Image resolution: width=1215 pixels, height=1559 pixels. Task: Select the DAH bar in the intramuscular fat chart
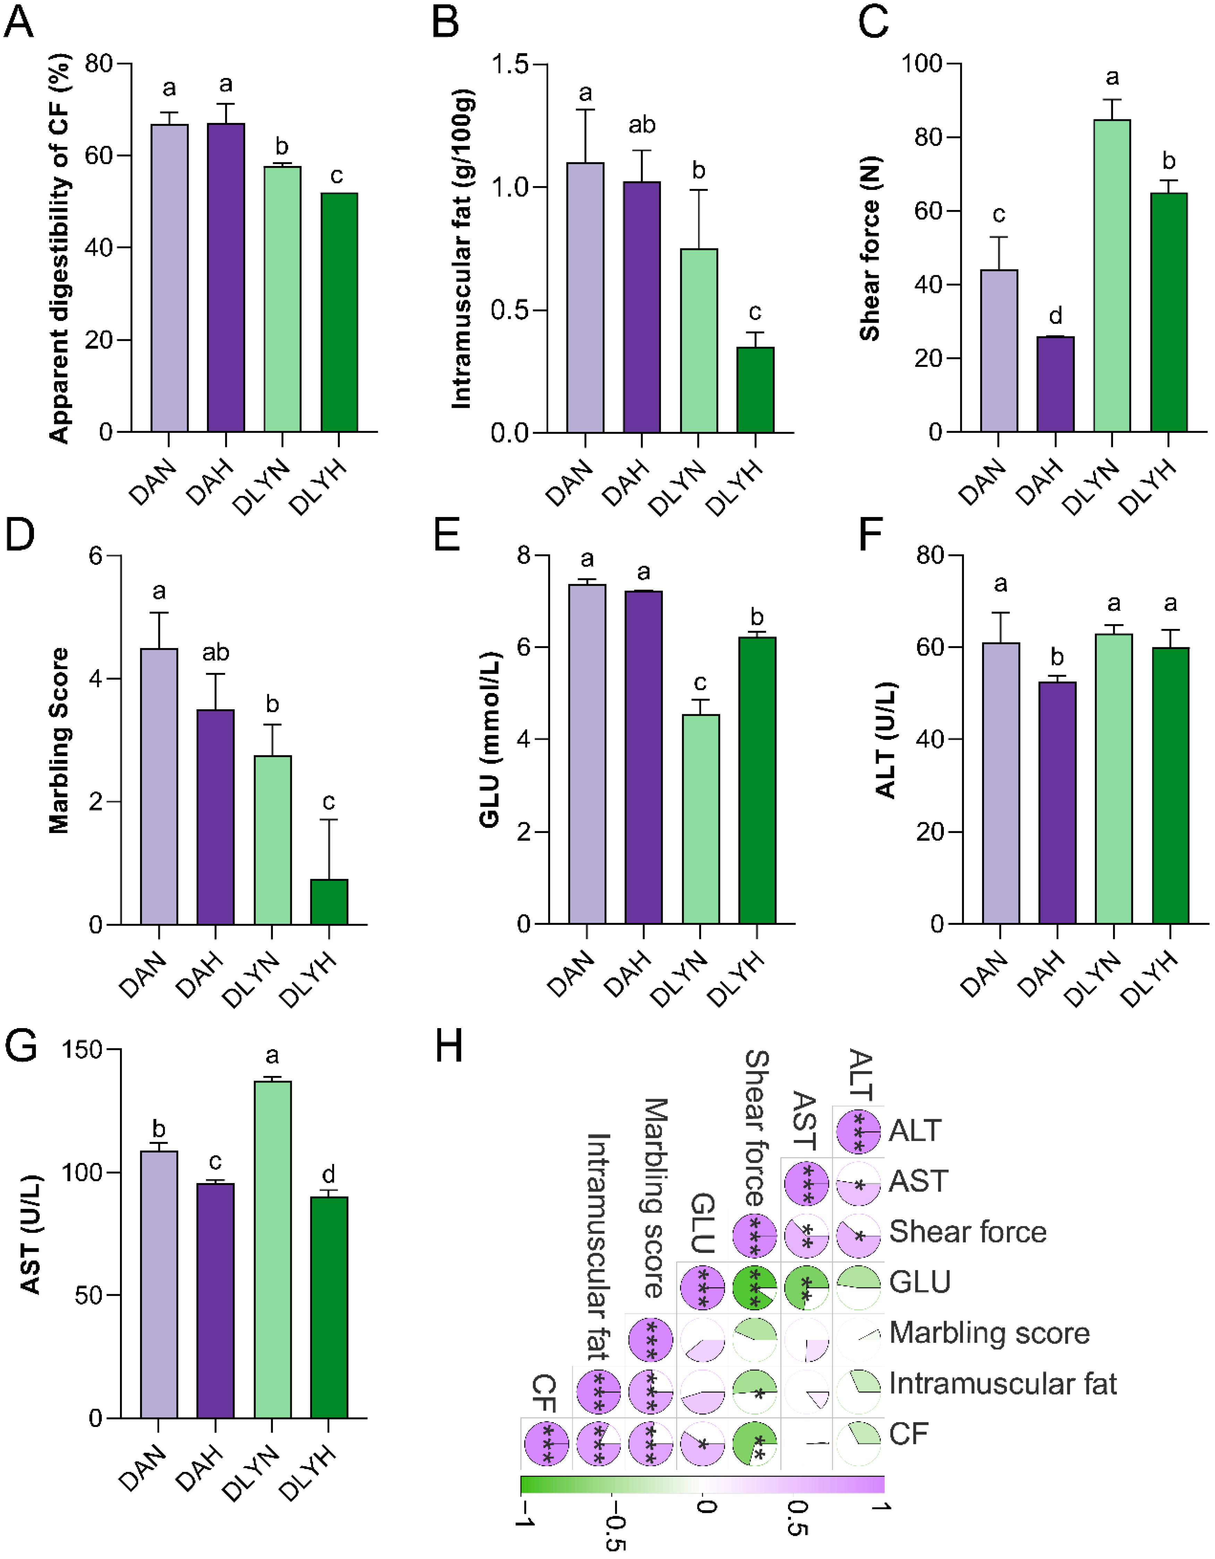[x=641, y=307]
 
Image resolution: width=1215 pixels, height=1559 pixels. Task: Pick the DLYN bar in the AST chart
[x=272, y=1249]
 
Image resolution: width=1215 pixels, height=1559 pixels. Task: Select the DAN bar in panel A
[x=169, y=278]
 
